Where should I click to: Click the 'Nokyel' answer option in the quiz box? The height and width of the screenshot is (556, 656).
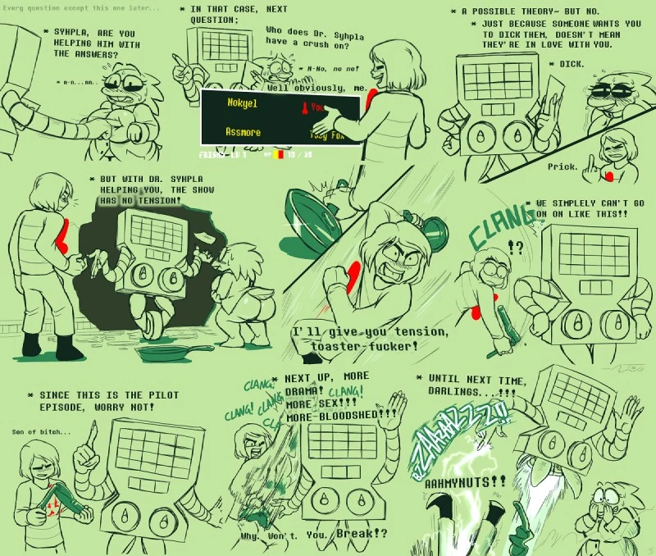[242, 104]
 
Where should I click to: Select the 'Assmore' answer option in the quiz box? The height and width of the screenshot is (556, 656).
[244, 132]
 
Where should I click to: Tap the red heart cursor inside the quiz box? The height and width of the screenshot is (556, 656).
[303, 107]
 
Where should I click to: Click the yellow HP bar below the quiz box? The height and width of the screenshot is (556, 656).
[280, 153]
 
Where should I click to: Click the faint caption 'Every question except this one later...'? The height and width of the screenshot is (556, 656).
[82, 7]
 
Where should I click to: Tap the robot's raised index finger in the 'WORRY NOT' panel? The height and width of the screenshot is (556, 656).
[93, 433]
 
